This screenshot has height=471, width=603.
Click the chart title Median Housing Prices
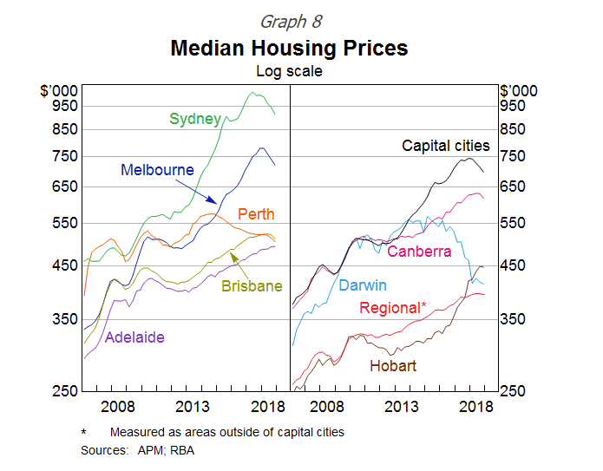(x=289, y=48)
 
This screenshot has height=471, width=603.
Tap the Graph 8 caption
(x=289, y=20)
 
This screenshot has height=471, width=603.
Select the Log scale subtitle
(x=289, y=71)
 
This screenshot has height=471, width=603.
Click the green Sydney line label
(x=195, y=119)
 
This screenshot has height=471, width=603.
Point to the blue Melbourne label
(x=157, y=170)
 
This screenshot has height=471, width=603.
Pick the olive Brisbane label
(x=252, y=286)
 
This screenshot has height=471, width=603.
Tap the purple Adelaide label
(x=134, y=337)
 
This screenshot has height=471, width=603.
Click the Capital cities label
(x=445, y=146)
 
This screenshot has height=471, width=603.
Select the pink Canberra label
(x=419, y=252)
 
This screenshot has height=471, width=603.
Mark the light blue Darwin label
(x=363, y=285)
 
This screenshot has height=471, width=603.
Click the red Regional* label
(x=393, y=308)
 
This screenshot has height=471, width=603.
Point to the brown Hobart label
(x=393, y=366)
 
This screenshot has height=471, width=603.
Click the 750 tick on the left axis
(x=66, y=156)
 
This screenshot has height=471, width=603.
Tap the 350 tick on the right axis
(x=513, y=319)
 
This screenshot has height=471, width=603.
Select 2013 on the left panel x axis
(x=192, y=406)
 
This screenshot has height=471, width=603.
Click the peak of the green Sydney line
(x=253, y=93)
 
